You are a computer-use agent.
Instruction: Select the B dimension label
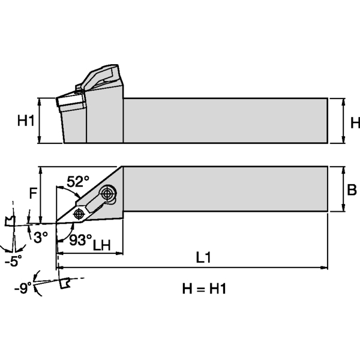(x=352, y=190)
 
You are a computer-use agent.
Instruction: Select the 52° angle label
(x=77, y=181)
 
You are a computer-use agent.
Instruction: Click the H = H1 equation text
(x=205, y=289)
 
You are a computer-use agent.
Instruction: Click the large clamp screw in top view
(x=108, y=193)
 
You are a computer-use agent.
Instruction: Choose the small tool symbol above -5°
(x=8, y=221)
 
